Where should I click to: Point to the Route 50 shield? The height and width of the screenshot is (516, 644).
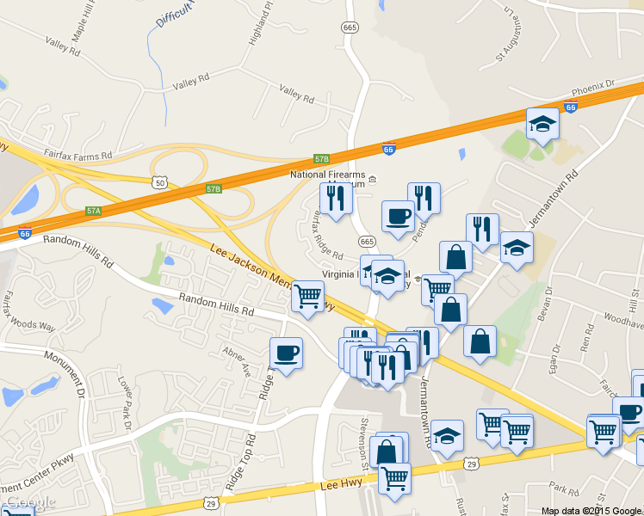pyautogui.click(x=158, y=182)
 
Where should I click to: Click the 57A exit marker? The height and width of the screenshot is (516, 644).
pyautogui.click(x=94, y=210)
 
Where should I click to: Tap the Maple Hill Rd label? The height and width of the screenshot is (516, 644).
pyautogui.click(x=87, y=26)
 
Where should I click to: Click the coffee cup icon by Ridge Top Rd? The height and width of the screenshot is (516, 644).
pyautogui.click(x=287, y=353)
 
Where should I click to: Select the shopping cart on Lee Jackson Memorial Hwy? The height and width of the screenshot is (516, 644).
pyautogui.click(x=307, y=297)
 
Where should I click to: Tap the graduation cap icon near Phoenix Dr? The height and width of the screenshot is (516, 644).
pyautogui.click(x=542, y=125)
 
